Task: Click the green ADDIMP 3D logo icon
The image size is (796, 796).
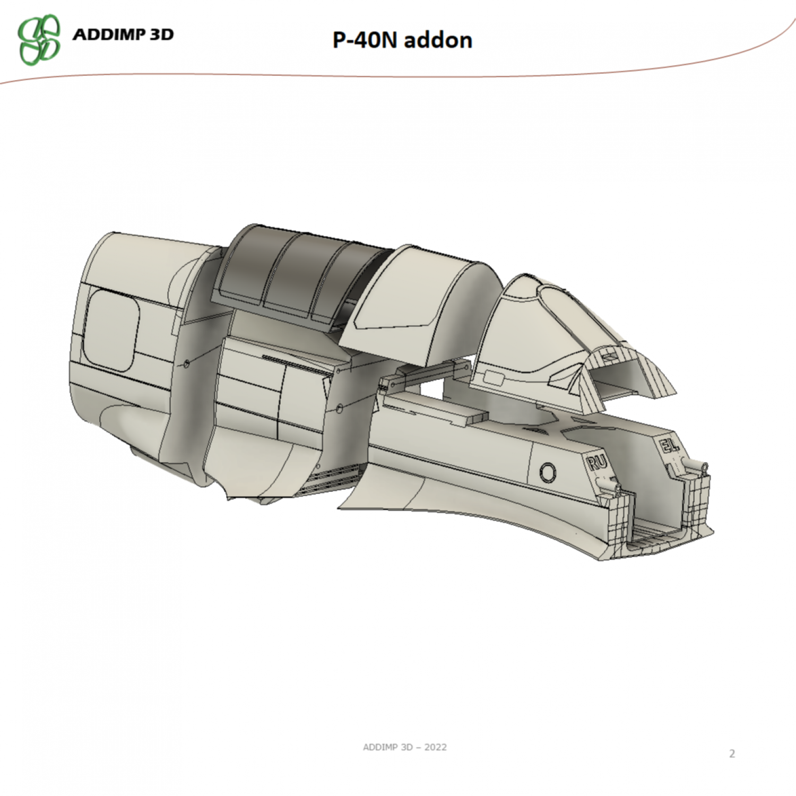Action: [39, 39]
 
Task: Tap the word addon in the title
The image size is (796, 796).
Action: [438, 40]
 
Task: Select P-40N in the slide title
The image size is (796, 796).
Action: [365, 40]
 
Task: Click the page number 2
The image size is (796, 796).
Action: [732, 753]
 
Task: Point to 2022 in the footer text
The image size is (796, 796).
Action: [435, 747]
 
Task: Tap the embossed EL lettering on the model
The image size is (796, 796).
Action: [670, 445]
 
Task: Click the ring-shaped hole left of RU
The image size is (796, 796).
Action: [548, 471]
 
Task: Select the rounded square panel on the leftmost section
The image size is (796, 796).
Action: [111, 331]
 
